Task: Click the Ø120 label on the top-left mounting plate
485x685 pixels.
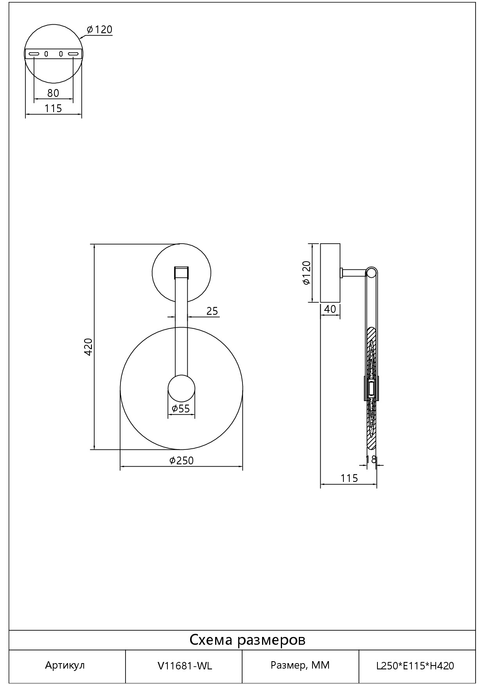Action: pos(100,30)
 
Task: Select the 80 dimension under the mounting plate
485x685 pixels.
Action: pos(53,93)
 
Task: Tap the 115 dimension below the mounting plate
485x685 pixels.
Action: pos(53,108)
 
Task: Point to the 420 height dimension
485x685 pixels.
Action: pos(88,347)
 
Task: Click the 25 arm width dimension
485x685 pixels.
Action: pos(212,311)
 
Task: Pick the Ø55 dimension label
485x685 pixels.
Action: pos(181,409)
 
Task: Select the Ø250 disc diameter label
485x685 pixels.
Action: pos(181,460)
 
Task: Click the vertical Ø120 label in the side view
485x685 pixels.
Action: pos(306,273)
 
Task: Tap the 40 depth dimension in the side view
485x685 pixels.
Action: pos(331,309)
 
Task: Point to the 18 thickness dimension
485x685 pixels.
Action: pos(371,459)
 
